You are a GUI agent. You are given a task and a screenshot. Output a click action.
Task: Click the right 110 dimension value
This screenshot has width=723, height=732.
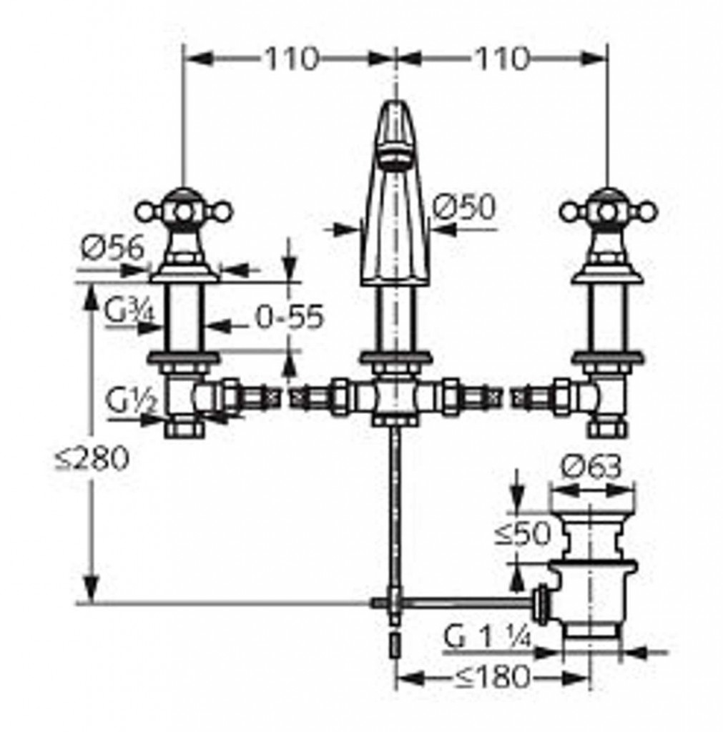pyautogui.click(x=502, y=59)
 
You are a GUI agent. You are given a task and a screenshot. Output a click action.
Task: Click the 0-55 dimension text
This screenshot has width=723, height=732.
pyautogui.click(x=290, y=317)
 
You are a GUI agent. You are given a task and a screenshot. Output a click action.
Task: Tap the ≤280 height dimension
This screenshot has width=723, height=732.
pyautogui.click(x=92, y=458)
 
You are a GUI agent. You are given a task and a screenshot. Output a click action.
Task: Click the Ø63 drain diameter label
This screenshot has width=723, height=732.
pyautogui.click(x=591, y=467)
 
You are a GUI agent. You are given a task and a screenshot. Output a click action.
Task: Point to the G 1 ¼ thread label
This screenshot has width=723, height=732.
pyautogui.click(x=487, y=637)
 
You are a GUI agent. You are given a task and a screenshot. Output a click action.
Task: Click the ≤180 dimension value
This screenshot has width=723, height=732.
pyautogui.click(x=492, y=676)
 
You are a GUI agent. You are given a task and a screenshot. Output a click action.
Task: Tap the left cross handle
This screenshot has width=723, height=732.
pyautogui.click(x=184, y=212)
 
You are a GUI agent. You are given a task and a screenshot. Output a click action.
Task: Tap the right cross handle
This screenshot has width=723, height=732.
pyautogui.click(x=608, y=212)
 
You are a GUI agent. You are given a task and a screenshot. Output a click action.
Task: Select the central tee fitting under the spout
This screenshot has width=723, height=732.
pyautogui.click(x=395, y=400)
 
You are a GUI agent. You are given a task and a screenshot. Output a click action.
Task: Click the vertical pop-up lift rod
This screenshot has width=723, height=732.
pyautogui.click(x=396, y=513)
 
